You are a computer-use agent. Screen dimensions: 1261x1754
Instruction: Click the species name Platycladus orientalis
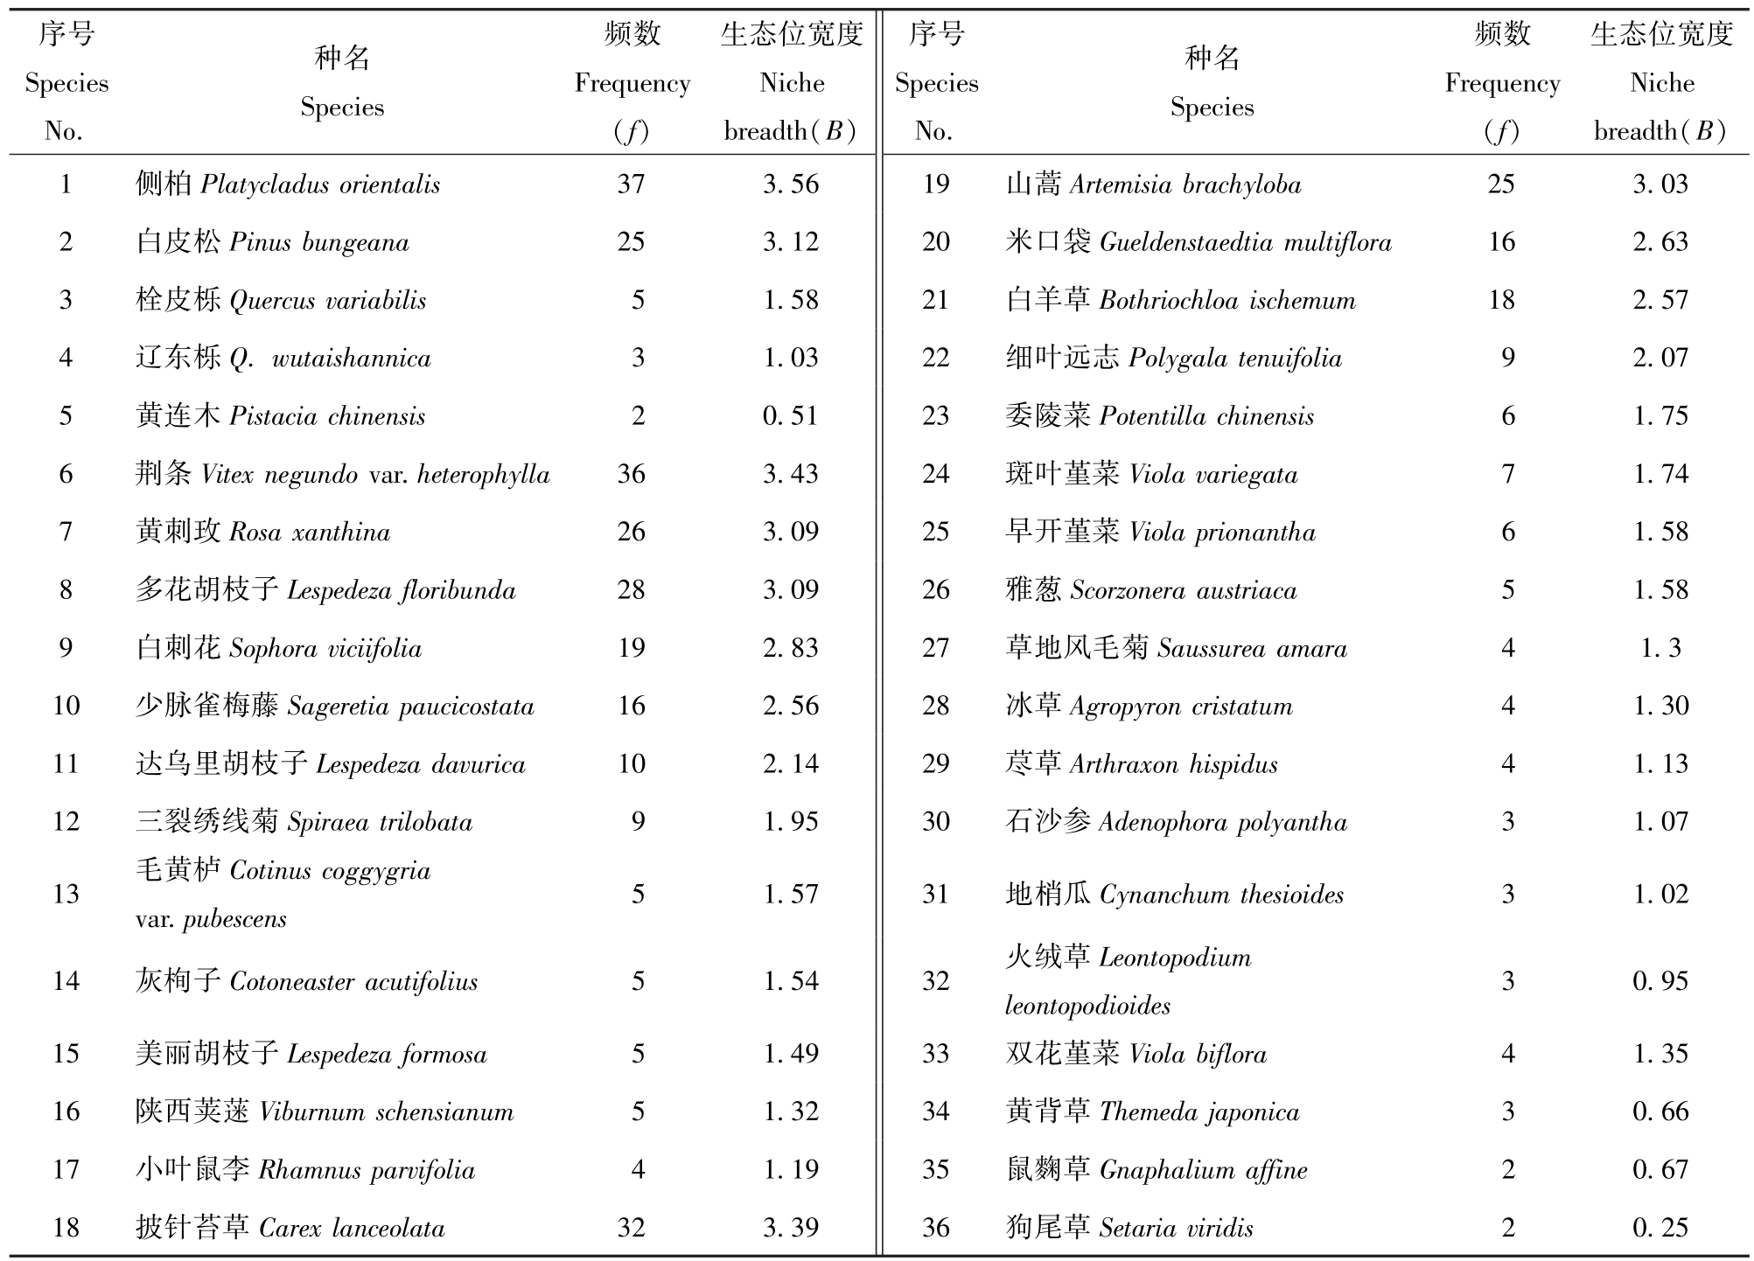pos(288,185)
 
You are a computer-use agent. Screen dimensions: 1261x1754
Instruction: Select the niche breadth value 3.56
pos(791,184)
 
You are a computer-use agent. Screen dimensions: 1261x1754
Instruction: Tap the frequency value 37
pos(631,184)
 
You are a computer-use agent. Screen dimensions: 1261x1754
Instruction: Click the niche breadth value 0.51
pos(791,415)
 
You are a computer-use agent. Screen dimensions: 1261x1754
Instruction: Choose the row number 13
pos(66,894)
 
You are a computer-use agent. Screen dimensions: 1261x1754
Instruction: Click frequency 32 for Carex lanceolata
pos(631,1228)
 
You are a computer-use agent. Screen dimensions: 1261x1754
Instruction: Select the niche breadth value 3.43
pos(791,474)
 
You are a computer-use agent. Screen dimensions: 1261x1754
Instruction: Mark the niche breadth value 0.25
pos(1660,1228)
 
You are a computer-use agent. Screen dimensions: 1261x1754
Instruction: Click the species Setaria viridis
pos(1129,1228)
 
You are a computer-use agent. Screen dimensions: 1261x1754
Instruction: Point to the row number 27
pos(935,648)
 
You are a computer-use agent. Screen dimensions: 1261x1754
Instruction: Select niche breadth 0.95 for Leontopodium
pos(1660,981)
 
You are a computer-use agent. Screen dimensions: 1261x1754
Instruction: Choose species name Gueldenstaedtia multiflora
pos(1198,242)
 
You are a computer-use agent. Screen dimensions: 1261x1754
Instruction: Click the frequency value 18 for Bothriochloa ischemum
pos(1501,300)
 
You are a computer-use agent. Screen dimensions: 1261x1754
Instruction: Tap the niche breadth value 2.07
pos(1660,358)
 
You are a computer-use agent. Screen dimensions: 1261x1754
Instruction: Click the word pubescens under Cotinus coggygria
pos(234,920)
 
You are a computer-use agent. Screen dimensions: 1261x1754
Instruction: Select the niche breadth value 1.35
pos(1660,1054)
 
